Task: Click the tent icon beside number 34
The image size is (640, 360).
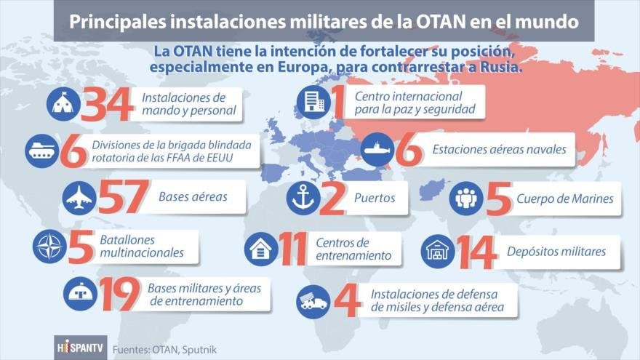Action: [x=63, y=104]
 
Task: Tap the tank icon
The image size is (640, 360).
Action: [x=42, y=151]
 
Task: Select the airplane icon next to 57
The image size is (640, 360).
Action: [x=79, y=199]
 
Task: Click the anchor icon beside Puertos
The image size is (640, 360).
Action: [x=303, y=199]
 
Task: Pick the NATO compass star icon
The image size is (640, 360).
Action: [x=49, y=247]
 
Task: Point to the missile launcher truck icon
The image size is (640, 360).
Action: [x=313, y=302]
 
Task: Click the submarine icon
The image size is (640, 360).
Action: [x=377, y=149]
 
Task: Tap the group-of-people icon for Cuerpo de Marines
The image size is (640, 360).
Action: [x=466, y=199]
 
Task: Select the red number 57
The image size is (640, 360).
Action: [x=124, y=197]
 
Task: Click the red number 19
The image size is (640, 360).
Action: [x=119, y=294]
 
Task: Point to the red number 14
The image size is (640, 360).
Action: [x=477, y=252]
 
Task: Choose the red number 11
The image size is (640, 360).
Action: [x=292, y=249]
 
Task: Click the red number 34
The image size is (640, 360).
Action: [x=107, y=104]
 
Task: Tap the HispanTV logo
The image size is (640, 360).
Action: [x=81, y=348]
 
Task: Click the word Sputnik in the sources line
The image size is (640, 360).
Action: [x=199, y=350]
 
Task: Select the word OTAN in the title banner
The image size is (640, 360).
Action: [x=441, y=21]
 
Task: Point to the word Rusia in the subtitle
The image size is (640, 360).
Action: [x=501, y=66]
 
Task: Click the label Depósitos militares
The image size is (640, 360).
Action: [x=556, y=252]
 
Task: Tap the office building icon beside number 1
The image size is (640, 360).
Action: [x=313, y=102]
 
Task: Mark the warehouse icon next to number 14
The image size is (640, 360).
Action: [x=438, y=252]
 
